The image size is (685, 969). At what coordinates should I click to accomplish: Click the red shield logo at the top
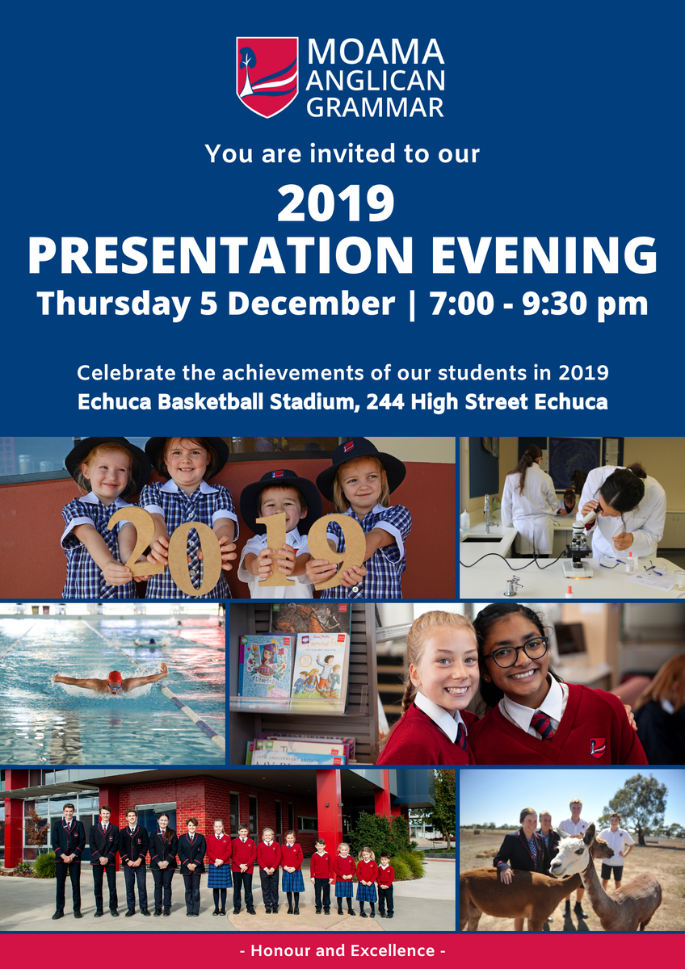point(267,77)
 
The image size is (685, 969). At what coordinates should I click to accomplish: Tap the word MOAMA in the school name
point(376,52)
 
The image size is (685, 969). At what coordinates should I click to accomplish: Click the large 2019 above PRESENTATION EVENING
point(336,203)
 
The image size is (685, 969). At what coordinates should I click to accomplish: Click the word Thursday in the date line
point(113,304)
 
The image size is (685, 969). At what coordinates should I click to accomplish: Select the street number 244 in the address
point(385,402)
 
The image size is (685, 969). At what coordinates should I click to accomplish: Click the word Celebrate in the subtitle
point(126,372)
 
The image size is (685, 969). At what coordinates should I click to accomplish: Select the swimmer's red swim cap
point(115,677)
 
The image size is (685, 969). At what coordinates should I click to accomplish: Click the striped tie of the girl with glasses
point(542,728)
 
